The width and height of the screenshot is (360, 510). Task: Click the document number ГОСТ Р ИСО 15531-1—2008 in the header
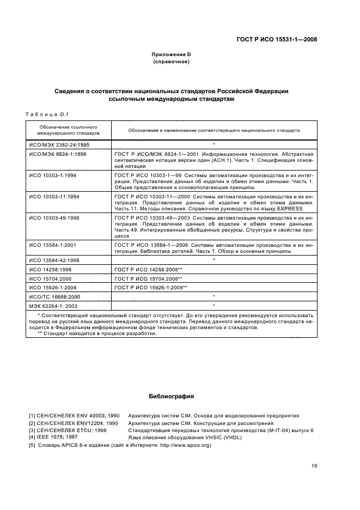pos(277,39)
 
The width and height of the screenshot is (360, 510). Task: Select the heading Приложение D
pos(171,54)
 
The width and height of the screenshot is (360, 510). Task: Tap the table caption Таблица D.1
pos(46,114)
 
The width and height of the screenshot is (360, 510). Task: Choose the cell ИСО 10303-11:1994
pos(55,195)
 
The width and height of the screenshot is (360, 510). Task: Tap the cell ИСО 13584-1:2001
pos(54,245)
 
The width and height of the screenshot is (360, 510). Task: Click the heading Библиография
pos(171,396)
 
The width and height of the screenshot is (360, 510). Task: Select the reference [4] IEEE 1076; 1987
pos(53,437)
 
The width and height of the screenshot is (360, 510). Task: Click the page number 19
pos(314,465)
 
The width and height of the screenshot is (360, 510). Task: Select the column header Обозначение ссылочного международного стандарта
pos(68,129)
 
